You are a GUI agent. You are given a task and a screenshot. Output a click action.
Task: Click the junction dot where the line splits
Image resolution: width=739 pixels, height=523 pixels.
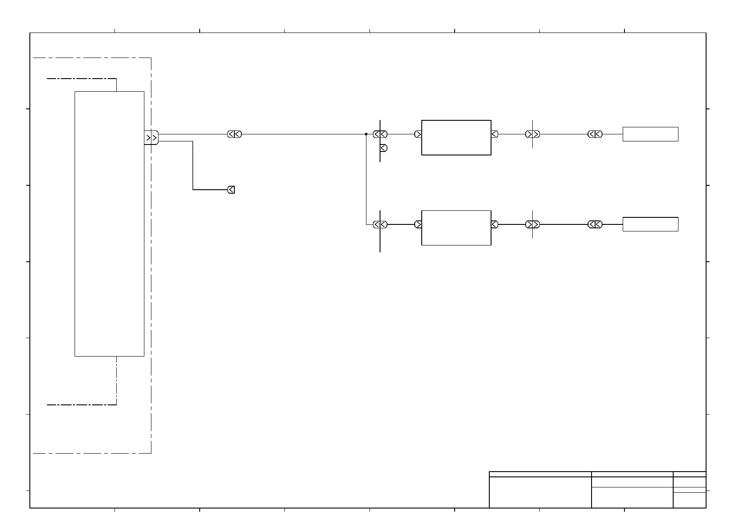click(366, 134)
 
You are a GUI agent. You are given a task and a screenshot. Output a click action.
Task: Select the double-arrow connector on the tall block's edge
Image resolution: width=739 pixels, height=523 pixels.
click(151, 137)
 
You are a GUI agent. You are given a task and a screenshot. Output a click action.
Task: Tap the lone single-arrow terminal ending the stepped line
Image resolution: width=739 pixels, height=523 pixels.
click(231, 190)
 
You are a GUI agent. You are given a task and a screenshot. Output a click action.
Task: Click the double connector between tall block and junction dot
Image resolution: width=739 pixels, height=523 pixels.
click(234, 134)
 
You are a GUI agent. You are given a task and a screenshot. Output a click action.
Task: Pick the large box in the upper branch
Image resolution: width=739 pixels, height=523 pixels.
click(456, 137)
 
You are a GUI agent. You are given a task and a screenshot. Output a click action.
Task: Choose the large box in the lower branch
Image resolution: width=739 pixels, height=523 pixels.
click(456, 227)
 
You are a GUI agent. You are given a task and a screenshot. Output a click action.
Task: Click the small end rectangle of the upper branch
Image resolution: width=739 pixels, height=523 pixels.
click(650, 134)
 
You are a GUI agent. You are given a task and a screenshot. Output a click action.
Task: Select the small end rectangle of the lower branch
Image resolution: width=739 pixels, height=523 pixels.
click(650, 224)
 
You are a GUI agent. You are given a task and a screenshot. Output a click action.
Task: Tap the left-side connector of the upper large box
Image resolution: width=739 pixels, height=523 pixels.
click(418, 134)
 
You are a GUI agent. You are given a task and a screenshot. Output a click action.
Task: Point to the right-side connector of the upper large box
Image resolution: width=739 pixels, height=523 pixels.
click(495, 134)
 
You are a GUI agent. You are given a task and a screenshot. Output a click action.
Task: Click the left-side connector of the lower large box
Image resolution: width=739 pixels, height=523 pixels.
click(418, 224)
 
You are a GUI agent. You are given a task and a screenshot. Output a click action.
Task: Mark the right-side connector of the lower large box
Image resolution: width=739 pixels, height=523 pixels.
click(495, 224)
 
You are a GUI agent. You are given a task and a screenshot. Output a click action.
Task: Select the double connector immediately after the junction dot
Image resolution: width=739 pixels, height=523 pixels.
click(380, 134)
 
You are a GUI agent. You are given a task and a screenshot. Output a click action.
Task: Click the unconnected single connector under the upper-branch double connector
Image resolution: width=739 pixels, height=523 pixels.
click(384, 148)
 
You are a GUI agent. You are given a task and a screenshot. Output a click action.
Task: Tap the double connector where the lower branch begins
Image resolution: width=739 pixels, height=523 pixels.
click(380, 224)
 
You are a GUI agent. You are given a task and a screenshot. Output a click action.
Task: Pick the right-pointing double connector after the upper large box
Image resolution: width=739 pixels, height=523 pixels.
click(532, 134)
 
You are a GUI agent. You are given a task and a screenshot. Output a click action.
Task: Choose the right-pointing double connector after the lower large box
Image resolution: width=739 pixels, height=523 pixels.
click(532, 224)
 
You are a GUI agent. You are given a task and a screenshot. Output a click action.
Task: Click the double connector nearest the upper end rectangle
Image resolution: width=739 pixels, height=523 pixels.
click(595, 134)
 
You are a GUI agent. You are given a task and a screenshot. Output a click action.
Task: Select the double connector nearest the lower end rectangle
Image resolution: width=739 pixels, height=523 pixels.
click(595, 224)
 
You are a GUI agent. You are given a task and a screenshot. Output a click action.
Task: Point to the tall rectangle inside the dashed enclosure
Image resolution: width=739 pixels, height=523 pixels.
click(109, 224)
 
